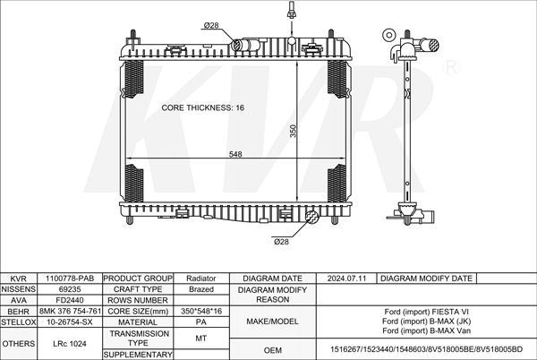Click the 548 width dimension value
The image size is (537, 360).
click(235, 154)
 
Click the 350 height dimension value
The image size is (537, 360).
click(294, 131)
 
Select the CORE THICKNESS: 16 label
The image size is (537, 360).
click(203, 107)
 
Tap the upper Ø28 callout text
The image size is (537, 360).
click(211, 25)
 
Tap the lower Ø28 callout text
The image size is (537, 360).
click(281, 242)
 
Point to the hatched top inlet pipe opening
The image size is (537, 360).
click(237, 45)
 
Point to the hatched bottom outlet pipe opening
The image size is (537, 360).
click(312, 217)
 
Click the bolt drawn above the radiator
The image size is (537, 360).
click(292, 9)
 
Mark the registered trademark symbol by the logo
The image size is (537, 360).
click(451, 67)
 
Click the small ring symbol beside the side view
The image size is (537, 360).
click(388, 35)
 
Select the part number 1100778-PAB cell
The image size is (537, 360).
click(70, 279)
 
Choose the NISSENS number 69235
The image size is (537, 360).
click(70, 289)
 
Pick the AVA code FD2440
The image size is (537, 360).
click(70, 300)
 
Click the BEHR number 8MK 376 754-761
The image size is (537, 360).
click(70, 311)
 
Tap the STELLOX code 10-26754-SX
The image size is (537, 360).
click(70, 322)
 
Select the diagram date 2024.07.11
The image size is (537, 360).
click(346, 279)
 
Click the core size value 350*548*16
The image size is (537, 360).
click(201, 311)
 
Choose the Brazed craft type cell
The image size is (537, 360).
click(201, 289)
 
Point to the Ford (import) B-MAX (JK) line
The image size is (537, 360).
click(426, 321)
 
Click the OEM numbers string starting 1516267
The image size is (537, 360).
click(426, 349)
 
